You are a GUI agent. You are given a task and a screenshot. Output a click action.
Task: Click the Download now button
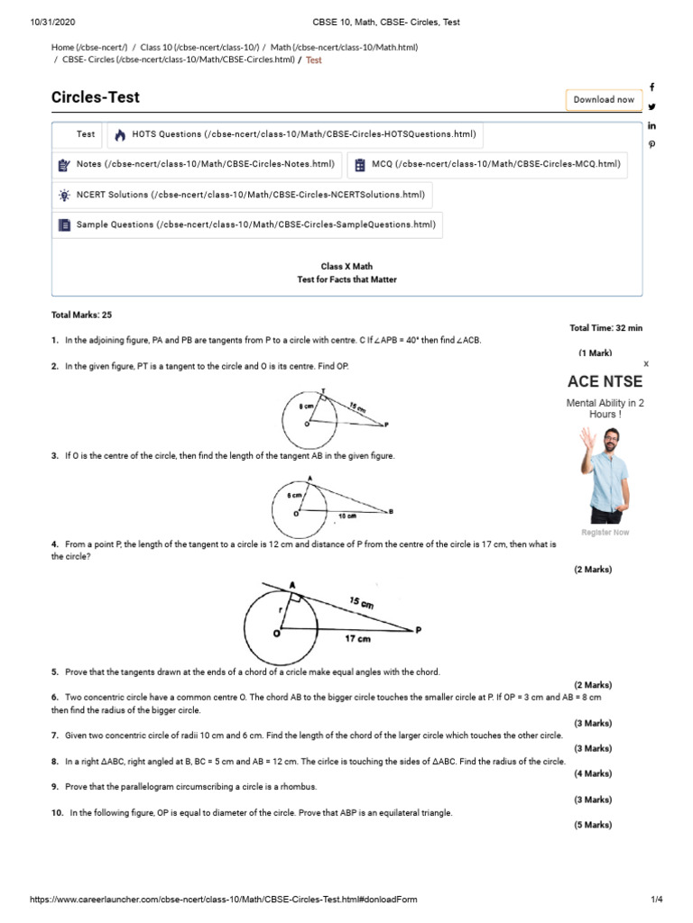(604, 99)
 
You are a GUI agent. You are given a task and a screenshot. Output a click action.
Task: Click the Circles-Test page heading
(96, 97)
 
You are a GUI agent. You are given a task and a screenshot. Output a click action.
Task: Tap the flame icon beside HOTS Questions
(120, 135)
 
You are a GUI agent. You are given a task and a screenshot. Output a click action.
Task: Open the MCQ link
(486, 164)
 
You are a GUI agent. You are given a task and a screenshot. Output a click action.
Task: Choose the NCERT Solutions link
(241, 195)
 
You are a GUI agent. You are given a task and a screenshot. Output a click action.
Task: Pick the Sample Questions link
(246, 224)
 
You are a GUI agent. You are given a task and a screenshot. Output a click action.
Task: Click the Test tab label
(86, 134)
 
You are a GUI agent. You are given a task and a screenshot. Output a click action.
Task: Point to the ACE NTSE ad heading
(605, 381)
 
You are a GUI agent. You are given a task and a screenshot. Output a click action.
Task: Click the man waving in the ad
(603, 473)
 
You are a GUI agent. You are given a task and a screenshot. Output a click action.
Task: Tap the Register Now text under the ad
(605, 533)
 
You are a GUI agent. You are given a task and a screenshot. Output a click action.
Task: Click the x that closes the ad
(645, 363)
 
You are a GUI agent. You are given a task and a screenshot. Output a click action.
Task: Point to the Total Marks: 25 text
(82, 315)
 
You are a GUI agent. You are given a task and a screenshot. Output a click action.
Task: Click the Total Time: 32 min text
(605, 328)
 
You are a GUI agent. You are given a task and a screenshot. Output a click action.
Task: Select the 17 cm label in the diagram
(357, 639)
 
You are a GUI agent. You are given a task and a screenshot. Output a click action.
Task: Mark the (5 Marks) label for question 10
(592, 825)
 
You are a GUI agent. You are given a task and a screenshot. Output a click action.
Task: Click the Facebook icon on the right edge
(651, 87)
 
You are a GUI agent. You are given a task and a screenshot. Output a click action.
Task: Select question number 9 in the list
(55, 787)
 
